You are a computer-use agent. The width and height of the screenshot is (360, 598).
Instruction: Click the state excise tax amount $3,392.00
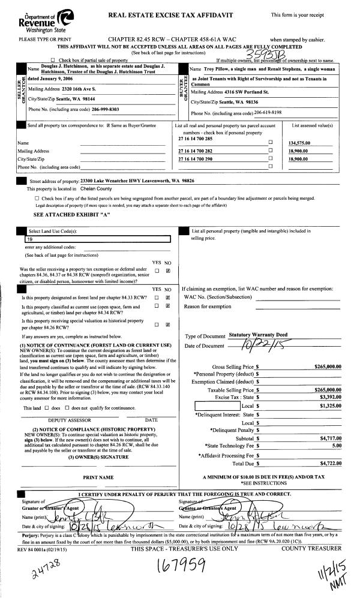pyautogui.click(x=328, y=396)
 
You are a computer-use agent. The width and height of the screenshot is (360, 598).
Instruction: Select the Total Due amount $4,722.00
pyautogui.click(x=328, y=464)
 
